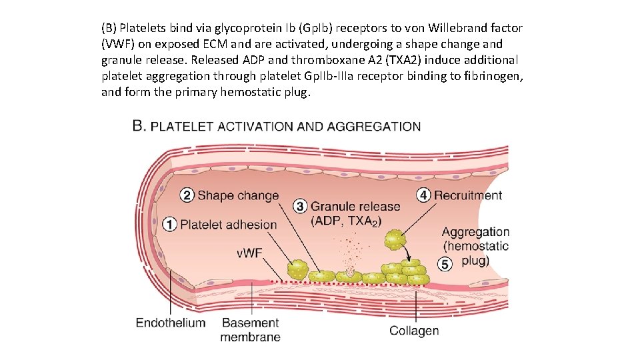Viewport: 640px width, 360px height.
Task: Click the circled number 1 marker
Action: point(169,225)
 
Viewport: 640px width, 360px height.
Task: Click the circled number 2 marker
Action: point(187,195)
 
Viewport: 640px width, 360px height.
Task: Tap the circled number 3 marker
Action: point(301,207)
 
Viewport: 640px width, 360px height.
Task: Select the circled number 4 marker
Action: point(423,195)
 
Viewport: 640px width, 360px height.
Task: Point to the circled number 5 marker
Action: point(446,264)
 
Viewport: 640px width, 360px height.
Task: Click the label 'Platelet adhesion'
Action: point(228,225)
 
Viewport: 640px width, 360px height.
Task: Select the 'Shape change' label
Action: point(238,195)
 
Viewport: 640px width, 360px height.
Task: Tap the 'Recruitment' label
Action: point(468,195)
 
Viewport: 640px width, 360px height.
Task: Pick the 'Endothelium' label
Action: point(171,323)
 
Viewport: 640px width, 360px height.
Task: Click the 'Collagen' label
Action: point(413,330)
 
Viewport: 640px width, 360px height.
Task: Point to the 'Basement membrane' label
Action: point(250,330)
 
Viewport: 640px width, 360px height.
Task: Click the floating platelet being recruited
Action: point(395,239)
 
